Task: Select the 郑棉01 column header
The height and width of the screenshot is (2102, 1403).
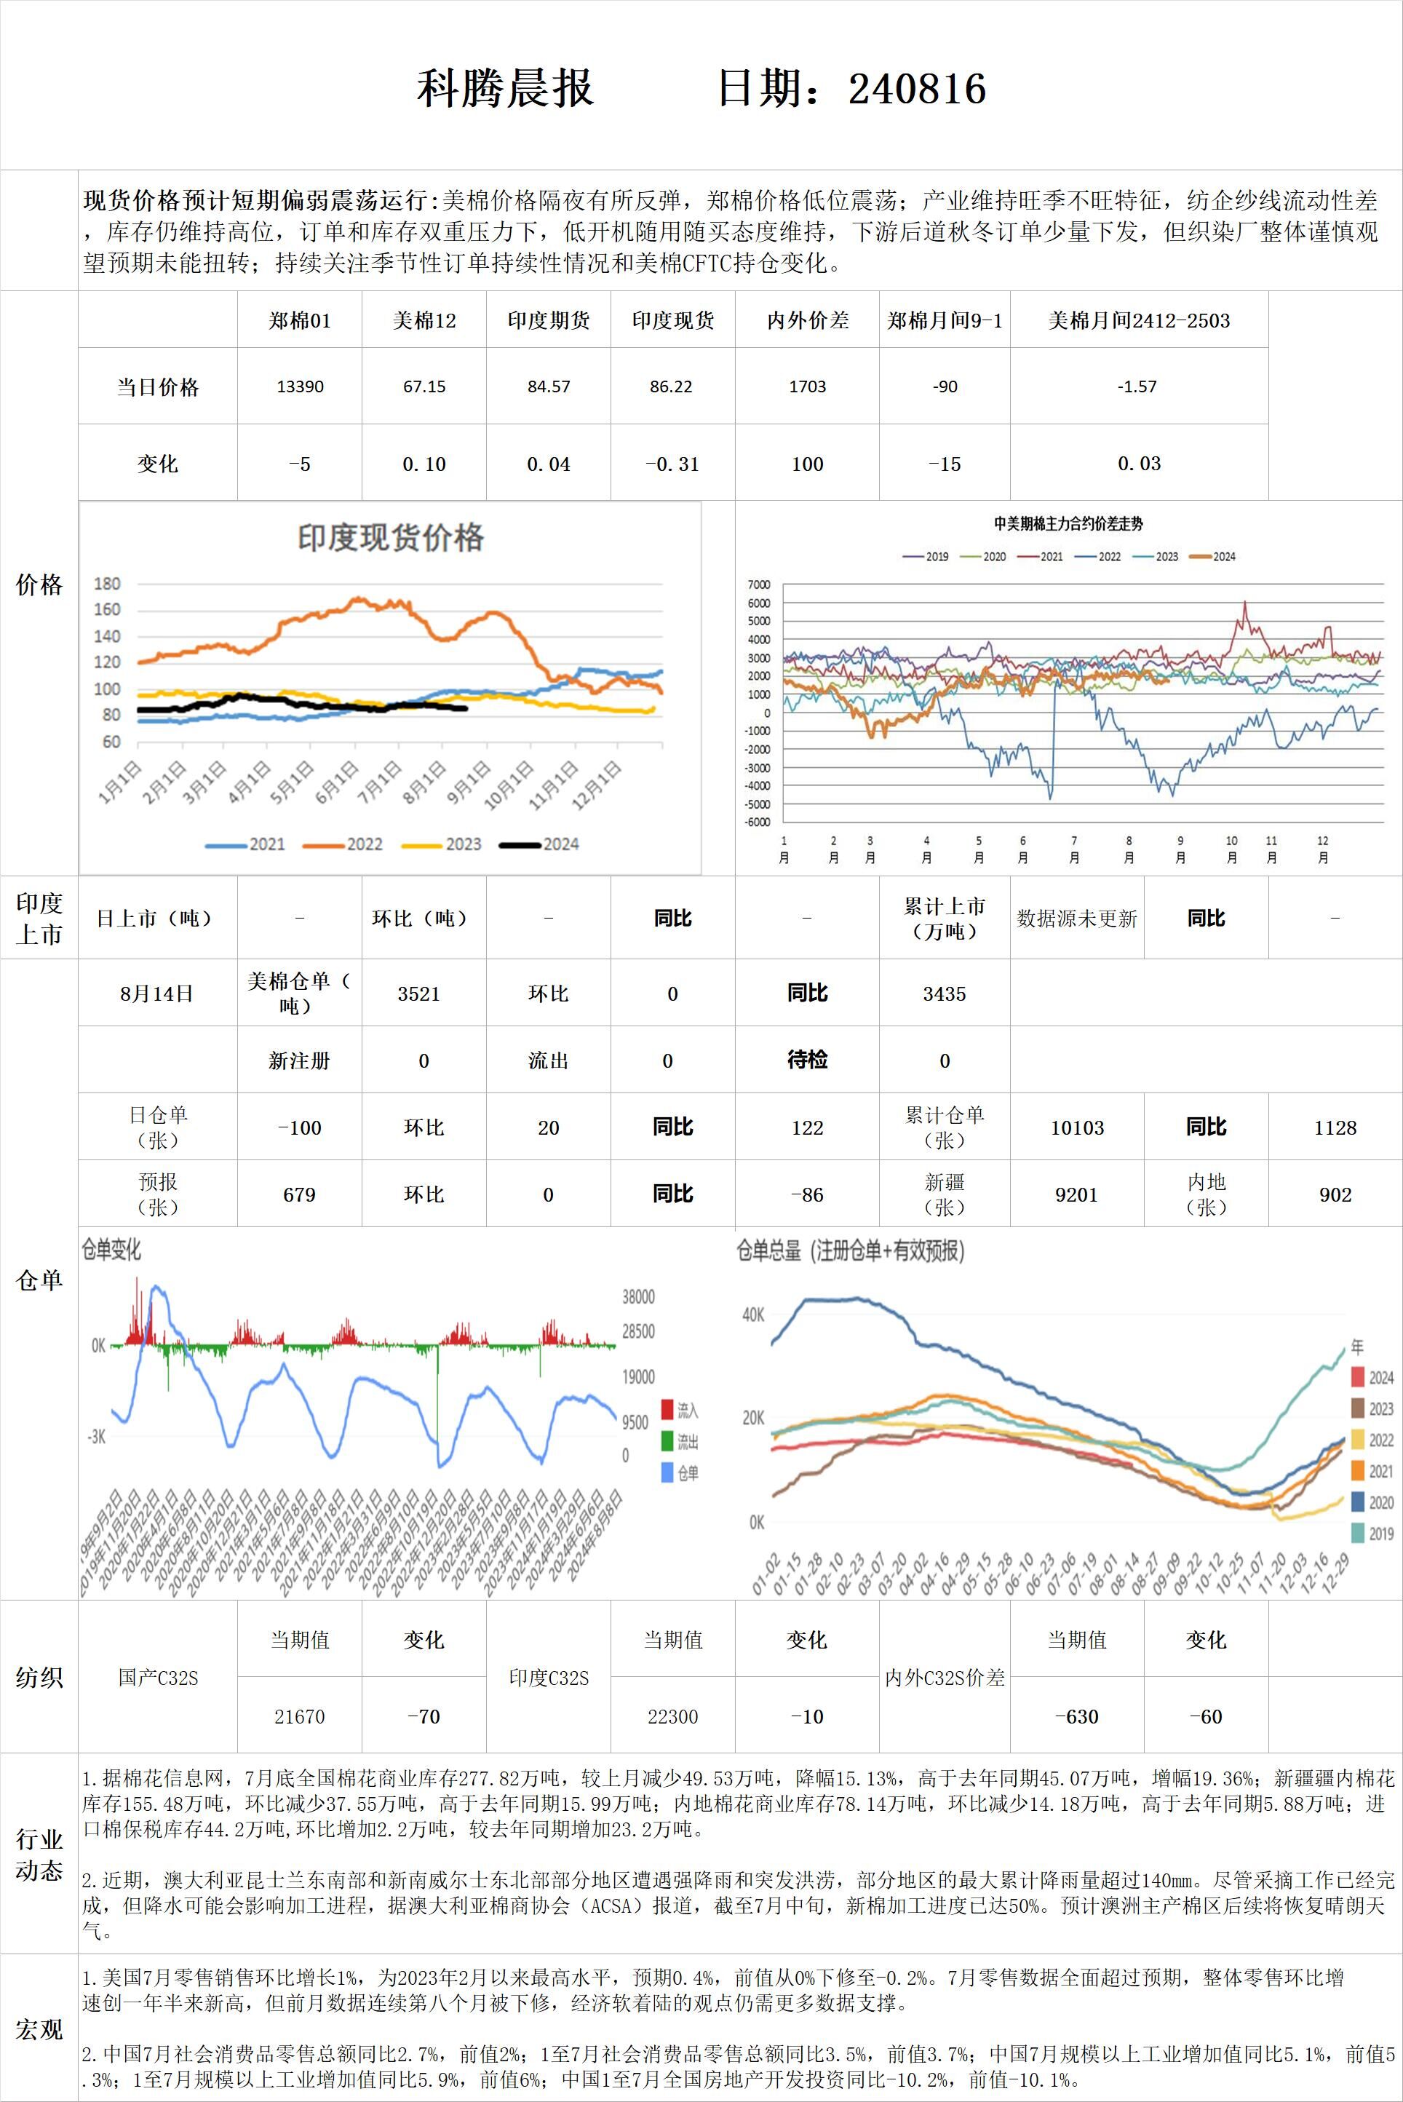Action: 300,320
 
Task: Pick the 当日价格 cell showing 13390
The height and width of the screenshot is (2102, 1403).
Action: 300,386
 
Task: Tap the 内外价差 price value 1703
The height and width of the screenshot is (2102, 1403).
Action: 807,386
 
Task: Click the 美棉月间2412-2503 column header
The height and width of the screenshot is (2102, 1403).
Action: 1139,320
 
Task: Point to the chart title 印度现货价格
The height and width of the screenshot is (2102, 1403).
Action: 390,538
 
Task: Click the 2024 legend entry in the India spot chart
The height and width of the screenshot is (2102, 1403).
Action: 541,844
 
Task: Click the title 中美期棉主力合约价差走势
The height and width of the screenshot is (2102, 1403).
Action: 1068,524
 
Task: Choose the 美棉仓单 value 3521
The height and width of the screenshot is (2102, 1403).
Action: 418,994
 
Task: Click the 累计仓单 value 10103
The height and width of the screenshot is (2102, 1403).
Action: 1076,1127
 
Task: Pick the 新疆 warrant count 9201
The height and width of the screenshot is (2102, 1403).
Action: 1076,1194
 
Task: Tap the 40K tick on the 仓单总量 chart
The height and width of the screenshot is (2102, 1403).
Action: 752,1314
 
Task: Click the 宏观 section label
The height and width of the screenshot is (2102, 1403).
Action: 39,2029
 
